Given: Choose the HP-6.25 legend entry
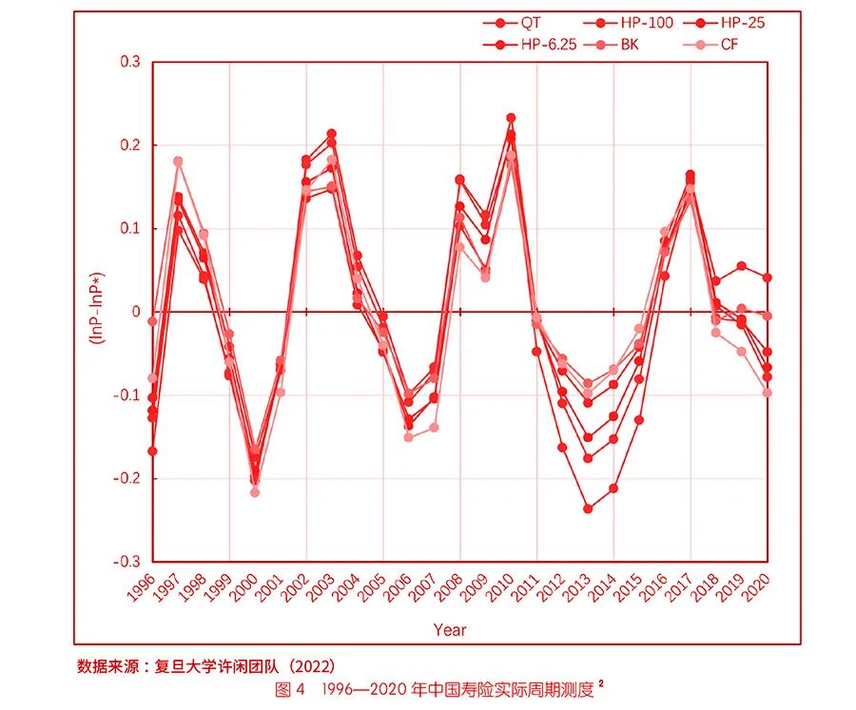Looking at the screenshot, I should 547,45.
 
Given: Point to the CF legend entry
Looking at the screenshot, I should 730,45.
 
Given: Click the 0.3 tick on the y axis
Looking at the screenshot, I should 129,62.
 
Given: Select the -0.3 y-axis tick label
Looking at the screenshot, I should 126,562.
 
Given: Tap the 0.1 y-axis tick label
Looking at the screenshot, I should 129,228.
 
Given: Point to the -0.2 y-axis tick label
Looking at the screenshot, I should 126,478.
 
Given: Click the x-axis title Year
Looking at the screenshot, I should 450,629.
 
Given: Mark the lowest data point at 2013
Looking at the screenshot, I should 588,509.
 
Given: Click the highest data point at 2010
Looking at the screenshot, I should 511,118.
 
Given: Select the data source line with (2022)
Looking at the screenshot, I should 205,665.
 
